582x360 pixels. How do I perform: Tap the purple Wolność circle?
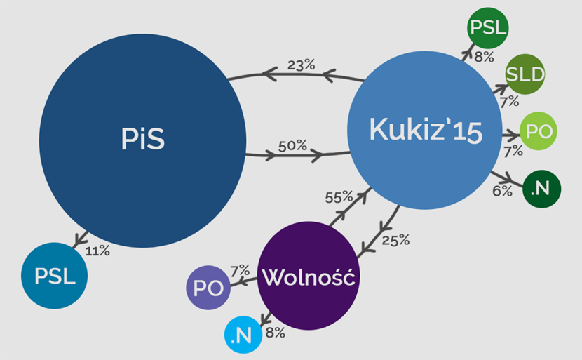(x=309, y=277)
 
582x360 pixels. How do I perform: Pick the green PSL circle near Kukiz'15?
(x=488, y=28)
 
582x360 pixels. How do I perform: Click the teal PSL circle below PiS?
(x=55, y=276)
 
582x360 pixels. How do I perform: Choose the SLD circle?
(x=525, y=74)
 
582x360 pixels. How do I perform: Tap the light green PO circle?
(x=539, y=131)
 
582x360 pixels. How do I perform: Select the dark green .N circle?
(x=541, y=187)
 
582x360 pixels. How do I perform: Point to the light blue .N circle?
(x=243, y=335)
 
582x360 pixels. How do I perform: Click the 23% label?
(x=301, y=65)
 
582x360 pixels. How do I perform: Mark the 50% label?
(x=292, y=146)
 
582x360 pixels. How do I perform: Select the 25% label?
(x=395, y=240)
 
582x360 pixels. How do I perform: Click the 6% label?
(x=501, y=190)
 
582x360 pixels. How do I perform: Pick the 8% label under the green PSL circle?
(x=484, y=57)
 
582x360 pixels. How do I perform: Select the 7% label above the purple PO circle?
(x=240, y=269)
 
